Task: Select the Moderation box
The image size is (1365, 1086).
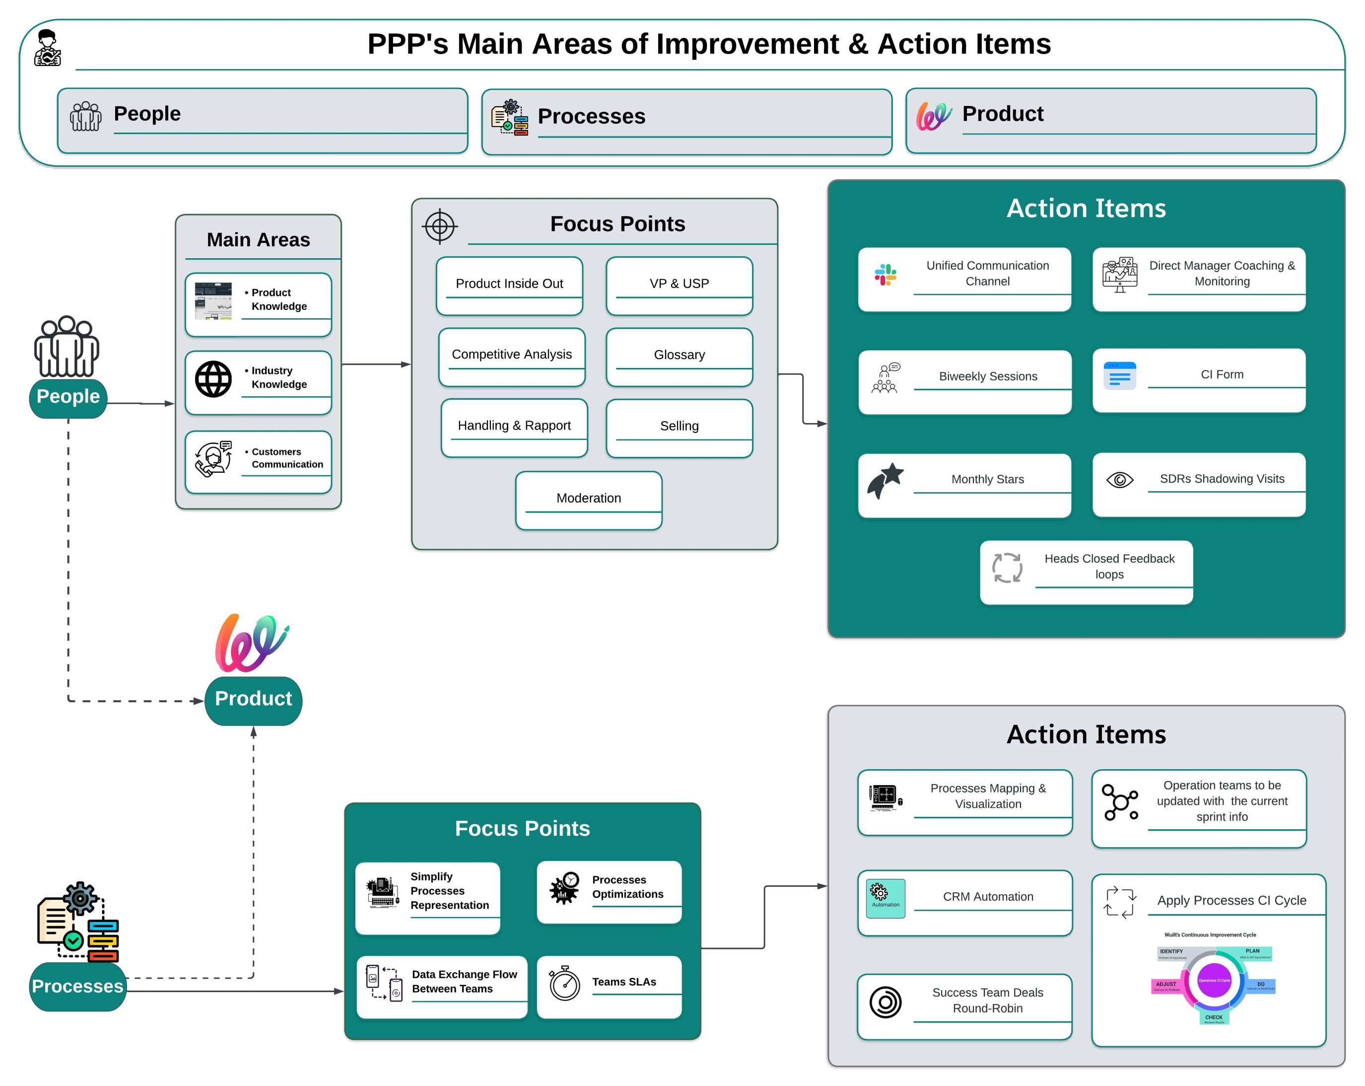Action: point(588,500)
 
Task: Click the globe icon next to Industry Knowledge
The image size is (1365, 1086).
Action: point(213,379)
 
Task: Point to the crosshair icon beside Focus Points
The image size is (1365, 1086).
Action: point(439,226)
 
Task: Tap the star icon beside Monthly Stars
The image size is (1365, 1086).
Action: point(885,480)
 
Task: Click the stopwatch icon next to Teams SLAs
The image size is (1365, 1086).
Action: point(564,983)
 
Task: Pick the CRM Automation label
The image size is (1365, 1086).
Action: point(988,897)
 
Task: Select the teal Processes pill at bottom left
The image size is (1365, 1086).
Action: point(78,986)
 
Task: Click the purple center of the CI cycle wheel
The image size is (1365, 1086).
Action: point(1214,980)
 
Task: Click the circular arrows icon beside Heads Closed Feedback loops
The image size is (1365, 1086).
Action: point(1007,568)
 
